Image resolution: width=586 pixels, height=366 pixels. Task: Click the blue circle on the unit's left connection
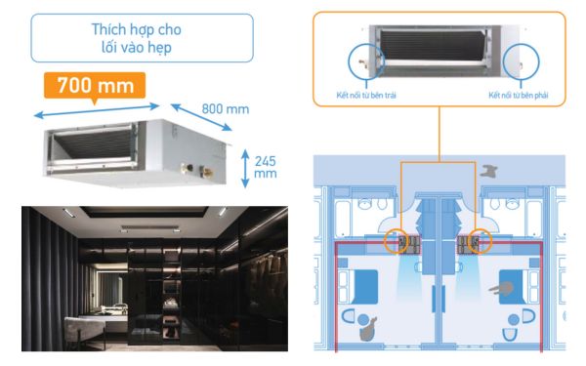pyautogui.click(x=364, y=61)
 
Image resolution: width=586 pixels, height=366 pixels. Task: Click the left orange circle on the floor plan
pyautogui.click(x=398, y=241)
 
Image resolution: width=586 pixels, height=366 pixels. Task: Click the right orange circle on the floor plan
pyautogui.click(x=481, y=241)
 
